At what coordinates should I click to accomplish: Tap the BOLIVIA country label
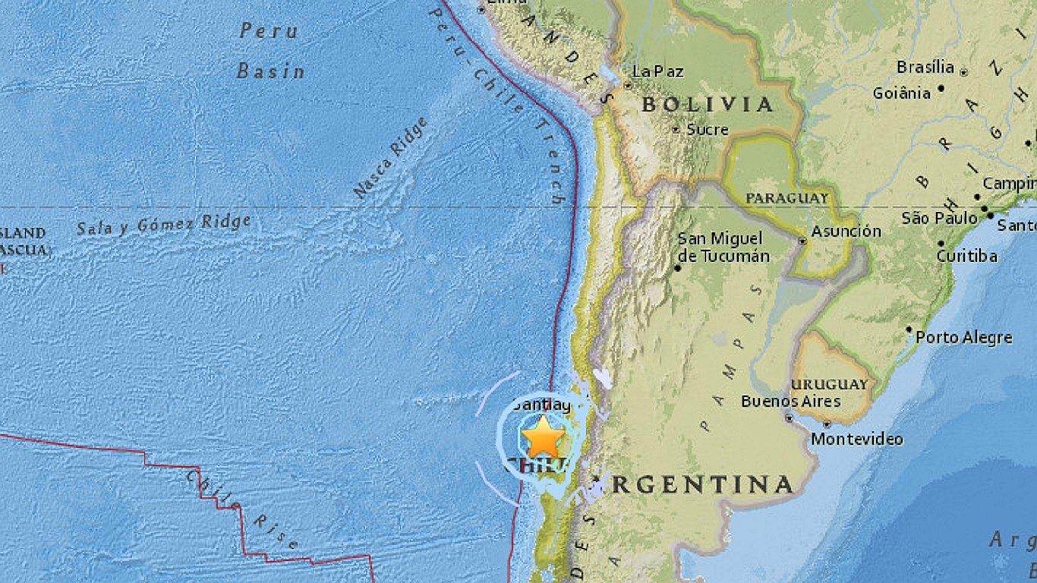pos(708,105)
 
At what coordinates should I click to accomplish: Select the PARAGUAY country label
pos(786,198)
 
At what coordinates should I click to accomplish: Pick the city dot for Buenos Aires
pos(790,417)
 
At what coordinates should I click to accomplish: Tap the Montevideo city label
pos(857,439)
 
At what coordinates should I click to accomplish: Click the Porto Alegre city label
pos(964,337)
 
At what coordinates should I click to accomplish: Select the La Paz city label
pos(657,71)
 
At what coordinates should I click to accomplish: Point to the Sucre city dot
pos(676,130)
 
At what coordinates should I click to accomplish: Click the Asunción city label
pos(846,232)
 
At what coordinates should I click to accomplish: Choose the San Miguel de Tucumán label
pos(723,247)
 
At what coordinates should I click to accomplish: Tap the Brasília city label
pos(925,67)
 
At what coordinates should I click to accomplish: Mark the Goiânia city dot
pos(941,88)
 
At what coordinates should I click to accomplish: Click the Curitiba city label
pos(966,256)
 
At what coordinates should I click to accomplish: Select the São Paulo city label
pos(940,219)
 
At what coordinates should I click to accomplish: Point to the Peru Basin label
pos(270,51)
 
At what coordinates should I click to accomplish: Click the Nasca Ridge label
pos(390,159)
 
